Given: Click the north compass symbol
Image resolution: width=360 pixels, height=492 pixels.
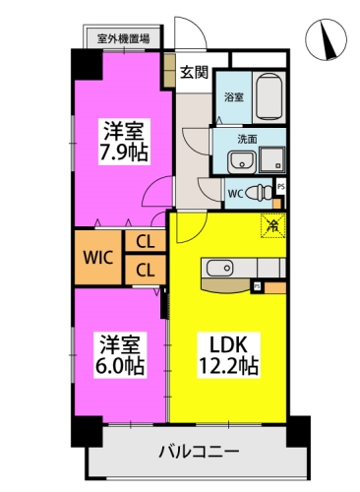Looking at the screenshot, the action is tap(326, 39).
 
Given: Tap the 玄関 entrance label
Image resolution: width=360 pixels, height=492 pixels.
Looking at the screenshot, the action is tap(195, 72).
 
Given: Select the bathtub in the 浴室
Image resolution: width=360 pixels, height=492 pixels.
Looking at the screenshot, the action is tap(269, 97).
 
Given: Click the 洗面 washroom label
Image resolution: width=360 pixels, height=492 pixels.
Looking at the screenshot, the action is tap(247, 140).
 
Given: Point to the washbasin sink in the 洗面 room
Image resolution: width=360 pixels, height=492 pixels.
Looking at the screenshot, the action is tap(241, 161).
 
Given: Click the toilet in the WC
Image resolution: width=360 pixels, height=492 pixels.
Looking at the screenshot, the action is tap(259, 193).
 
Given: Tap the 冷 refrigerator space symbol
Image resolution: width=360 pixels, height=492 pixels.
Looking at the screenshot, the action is tap(272, 225).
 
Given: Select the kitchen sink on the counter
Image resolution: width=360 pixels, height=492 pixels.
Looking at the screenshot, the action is tap(219, 269).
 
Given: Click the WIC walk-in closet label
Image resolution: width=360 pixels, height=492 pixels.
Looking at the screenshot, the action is tap(98, 258).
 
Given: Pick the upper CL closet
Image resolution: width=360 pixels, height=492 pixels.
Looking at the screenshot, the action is tap(145, 241).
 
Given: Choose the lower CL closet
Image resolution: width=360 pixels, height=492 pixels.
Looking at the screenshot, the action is tap(145, 270).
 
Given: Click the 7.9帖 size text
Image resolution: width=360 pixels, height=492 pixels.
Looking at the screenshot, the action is tap(124, 153).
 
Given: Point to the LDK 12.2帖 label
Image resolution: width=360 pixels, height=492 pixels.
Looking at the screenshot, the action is tap(229, 354).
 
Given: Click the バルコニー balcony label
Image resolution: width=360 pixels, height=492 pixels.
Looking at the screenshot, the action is tap(199, 452).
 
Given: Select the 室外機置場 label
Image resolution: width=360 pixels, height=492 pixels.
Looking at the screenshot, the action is tap(123, 38).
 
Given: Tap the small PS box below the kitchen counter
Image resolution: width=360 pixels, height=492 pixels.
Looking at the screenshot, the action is tap(258, 286).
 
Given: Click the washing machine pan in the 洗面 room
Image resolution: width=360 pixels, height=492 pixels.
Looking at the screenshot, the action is tap(271, 159).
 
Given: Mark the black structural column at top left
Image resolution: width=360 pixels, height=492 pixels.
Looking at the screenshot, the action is tap(87, 64).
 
